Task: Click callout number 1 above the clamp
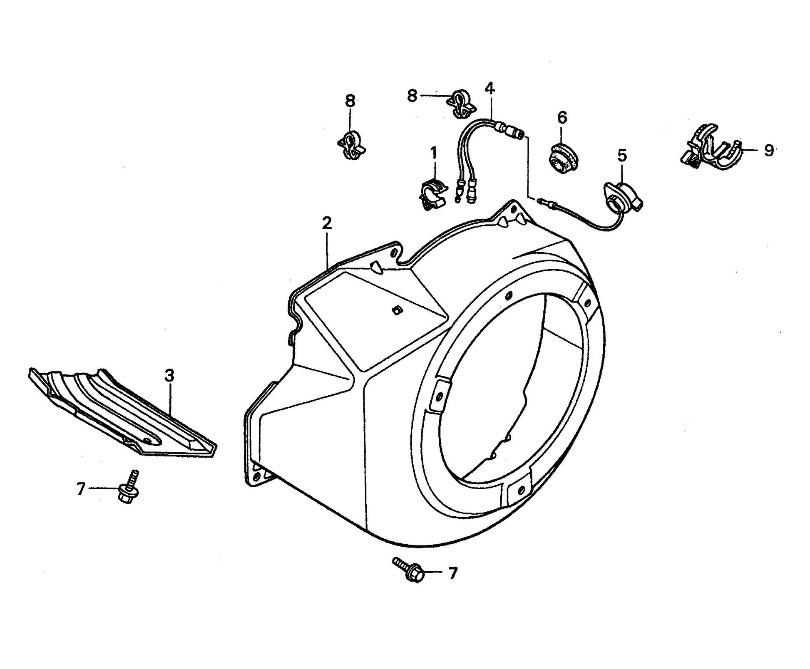click(x=434, y=154)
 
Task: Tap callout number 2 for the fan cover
click(x=327, y=223)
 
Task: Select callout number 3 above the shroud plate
click(x=169, y=376)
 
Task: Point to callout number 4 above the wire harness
click(x=489, y=89)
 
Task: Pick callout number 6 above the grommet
click(x=562, y=118)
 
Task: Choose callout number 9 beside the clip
click(x=768, y=150)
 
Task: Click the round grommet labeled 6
click(x=562, y=156)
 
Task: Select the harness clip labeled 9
click(x=708, y=148)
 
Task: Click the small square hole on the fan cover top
click(x=396, y=310)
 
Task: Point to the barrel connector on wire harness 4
click(x=512, y=131)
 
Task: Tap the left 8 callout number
click(x=350, y=101)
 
